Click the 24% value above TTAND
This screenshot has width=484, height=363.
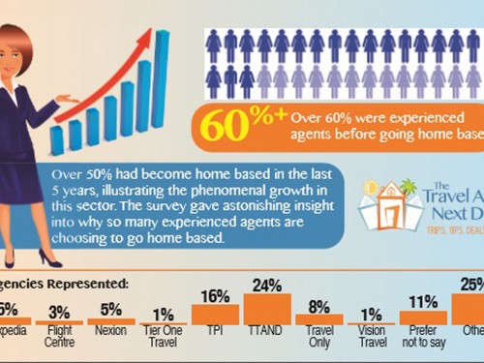click(x=266, y=287)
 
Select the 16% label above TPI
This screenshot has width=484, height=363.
click(x=214, y=296)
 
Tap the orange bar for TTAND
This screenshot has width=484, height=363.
click(x=266, y=310)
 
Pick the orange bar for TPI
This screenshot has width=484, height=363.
click(x=214, y=315)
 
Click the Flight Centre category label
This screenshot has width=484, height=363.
click(x=58, y=340)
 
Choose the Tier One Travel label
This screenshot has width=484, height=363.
click(x=162, y=340)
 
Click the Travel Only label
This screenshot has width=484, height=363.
click(x=318, y=340)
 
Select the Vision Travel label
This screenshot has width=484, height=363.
click(x=371, y=340)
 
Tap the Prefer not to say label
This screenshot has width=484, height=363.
click(x=423, y=340)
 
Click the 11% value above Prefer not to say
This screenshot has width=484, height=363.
click(x=423, y=302)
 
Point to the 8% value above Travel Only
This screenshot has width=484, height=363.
click(x=318, y=306)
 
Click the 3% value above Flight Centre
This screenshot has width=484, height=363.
click(x=58, y=311)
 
